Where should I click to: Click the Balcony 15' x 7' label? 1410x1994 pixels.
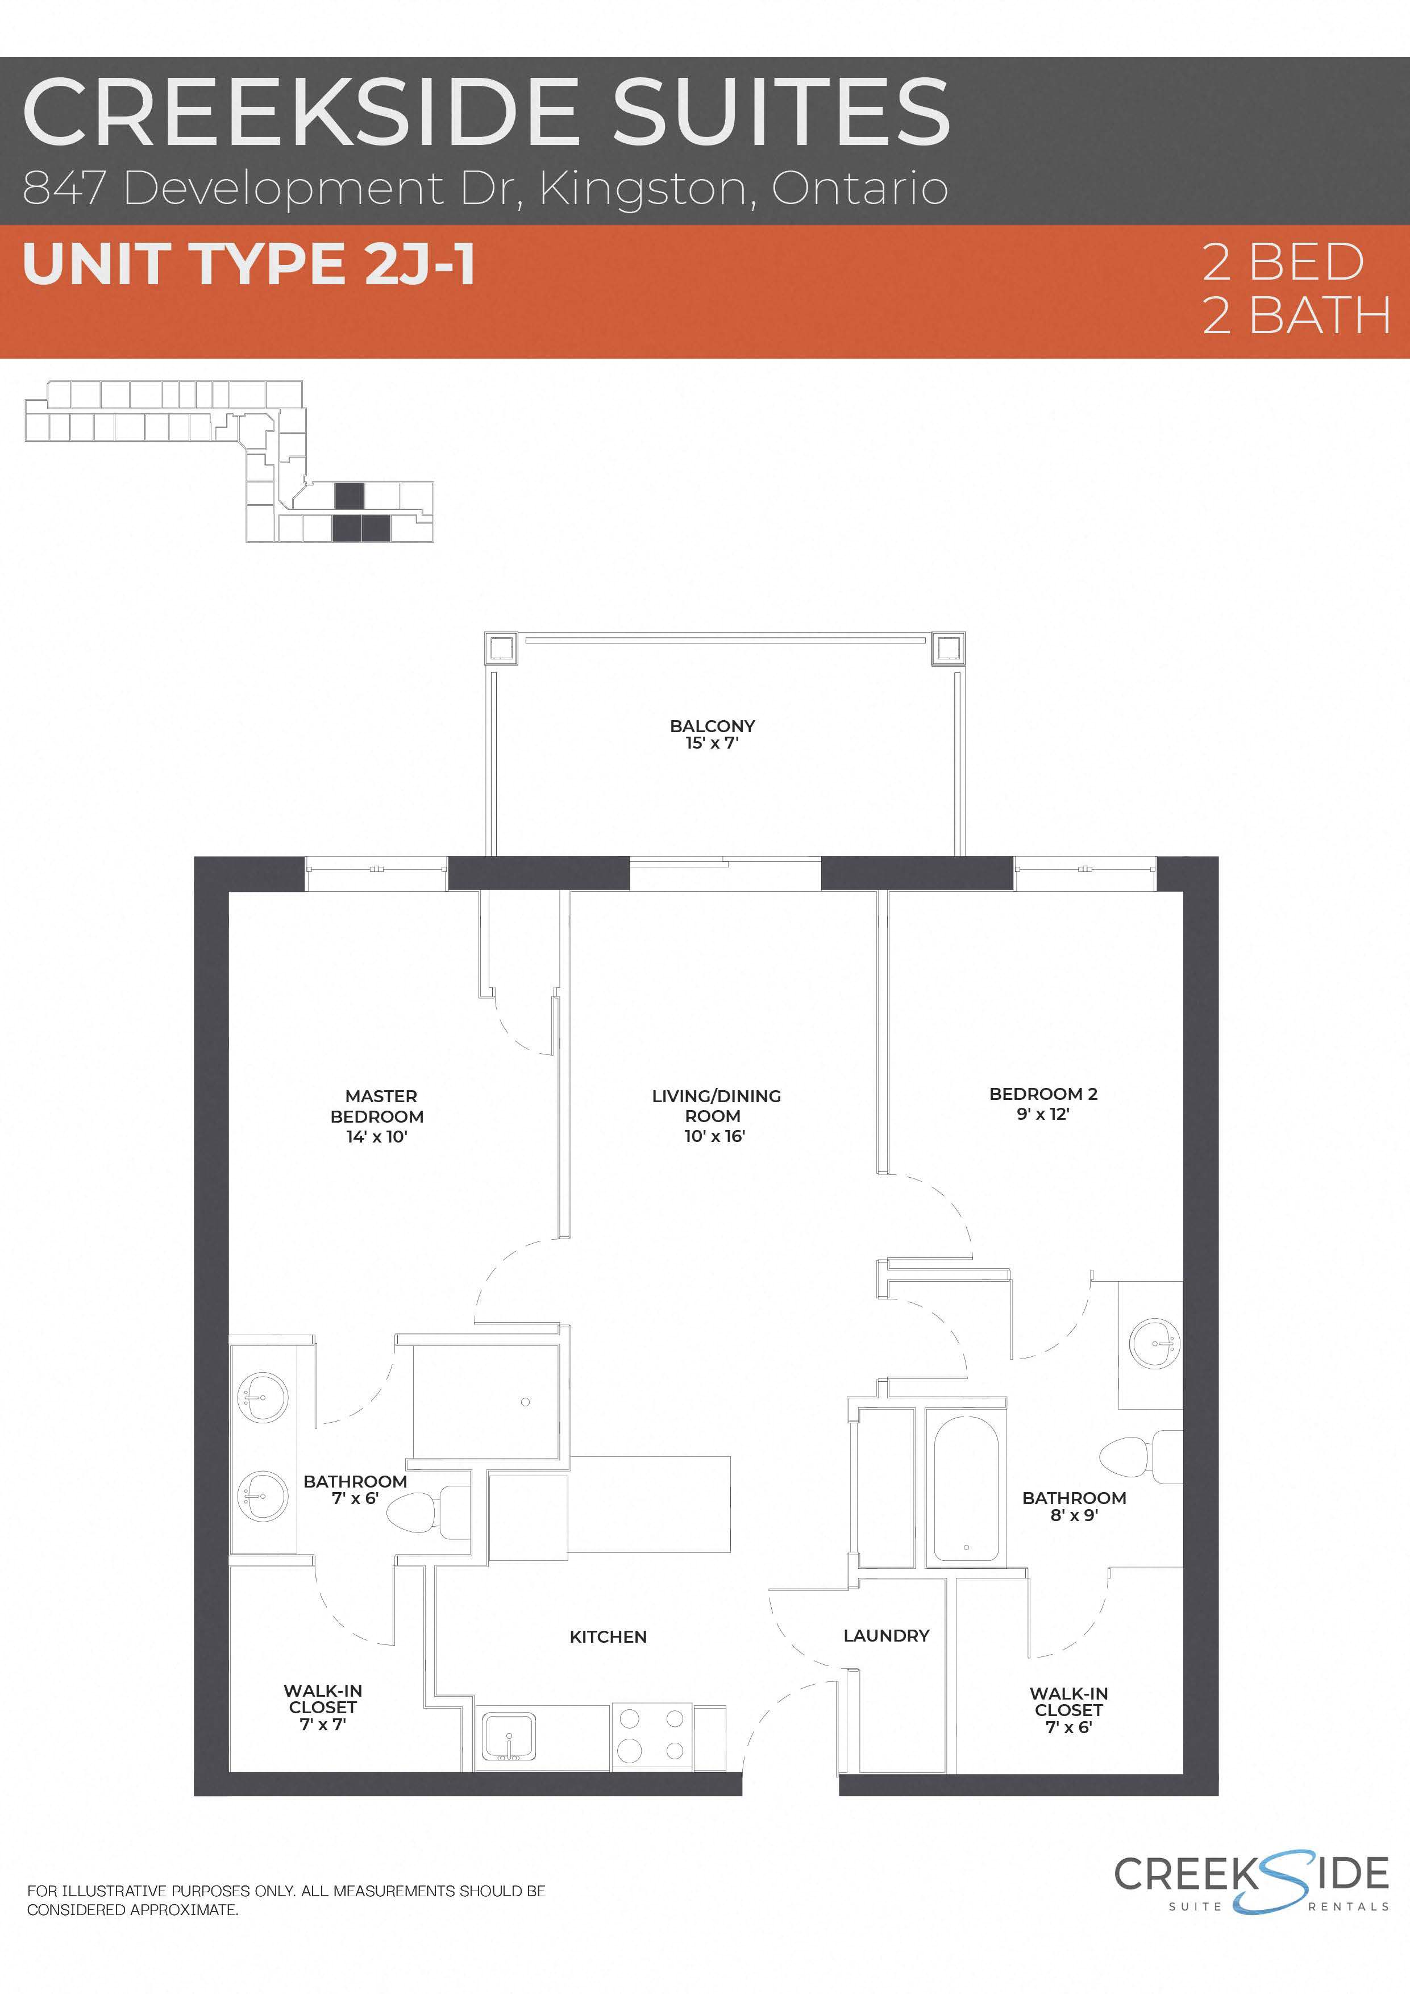click(712, 734)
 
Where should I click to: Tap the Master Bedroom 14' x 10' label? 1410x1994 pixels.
click(378, 1116)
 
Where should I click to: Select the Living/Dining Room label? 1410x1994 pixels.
click(716, 1115)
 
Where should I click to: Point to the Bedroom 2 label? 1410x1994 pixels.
click(1043, 1103)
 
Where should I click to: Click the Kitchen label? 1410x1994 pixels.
click(608, 1636)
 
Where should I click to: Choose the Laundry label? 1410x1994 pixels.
click(885, 1635)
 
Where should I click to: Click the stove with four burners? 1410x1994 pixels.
click(652, 1737)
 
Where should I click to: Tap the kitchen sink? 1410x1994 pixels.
click(509, 1737)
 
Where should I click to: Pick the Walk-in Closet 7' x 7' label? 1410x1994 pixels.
click(322, 1706)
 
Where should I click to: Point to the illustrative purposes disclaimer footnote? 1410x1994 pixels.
click(286, 1899)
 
